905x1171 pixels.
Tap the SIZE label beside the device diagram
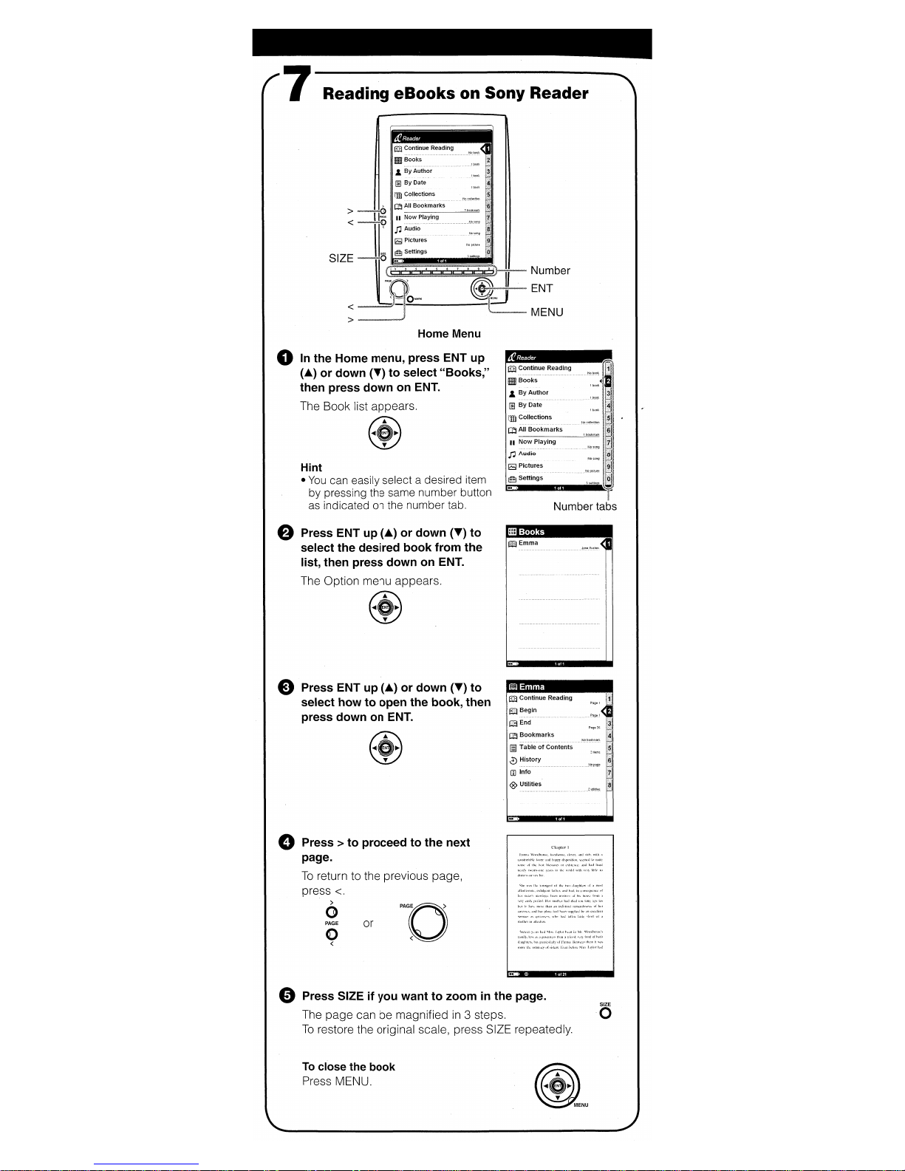click(x=341, y=259)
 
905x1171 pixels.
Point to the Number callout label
click(x=550, y=271)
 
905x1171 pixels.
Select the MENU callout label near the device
click(x=547, y=313)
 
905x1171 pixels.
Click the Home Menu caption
click(x=448, y=334)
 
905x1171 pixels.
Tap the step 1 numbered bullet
click(x=285, y=358)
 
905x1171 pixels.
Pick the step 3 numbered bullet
click(x=286, y=688)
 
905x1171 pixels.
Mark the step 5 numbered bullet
click(x=287, y=996)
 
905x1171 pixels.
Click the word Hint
click(x=311, y=468)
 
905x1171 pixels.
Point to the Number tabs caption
click(x=584, y=507)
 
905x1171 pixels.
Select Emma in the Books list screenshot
click(x=528, y=544)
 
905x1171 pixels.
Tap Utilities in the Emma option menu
click(x=530, y=785)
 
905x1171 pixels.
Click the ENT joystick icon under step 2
click(x=384, y=607)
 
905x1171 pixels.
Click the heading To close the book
click(x=348, y=1067)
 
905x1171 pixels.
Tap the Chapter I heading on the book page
click(x=559, y=847)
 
